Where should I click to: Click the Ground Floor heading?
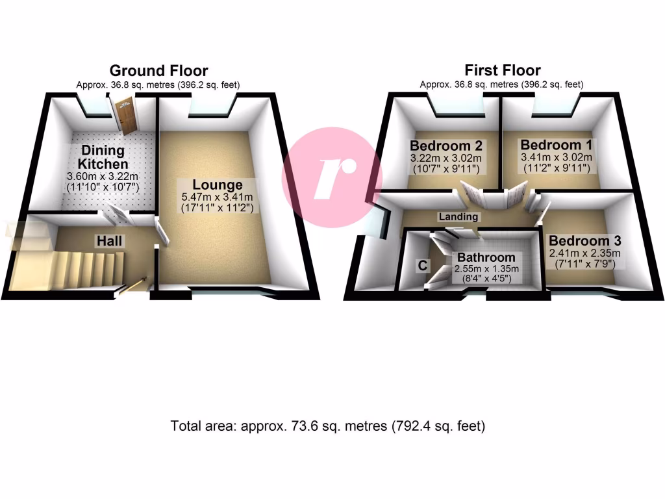point(158,71)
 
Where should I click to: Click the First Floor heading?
point(502,71)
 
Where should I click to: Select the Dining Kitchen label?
point(104,157)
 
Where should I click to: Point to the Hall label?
point(110,241)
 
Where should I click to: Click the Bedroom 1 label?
point(556,144)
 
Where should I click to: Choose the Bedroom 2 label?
point(445,144)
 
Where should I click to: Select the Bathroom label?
point(486,257)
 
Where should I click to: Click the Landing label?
point(458,217)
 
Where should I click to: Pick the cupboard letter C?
point(422,265)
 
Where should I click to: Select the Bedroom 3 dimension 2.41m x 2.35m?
point(585,253)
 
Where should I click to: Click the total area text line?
point(328,427)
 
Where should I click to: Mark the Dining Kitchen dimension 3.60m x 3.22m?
point(105,177)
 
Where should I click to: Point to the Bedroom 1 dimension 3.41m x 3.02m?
point(556,157)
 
